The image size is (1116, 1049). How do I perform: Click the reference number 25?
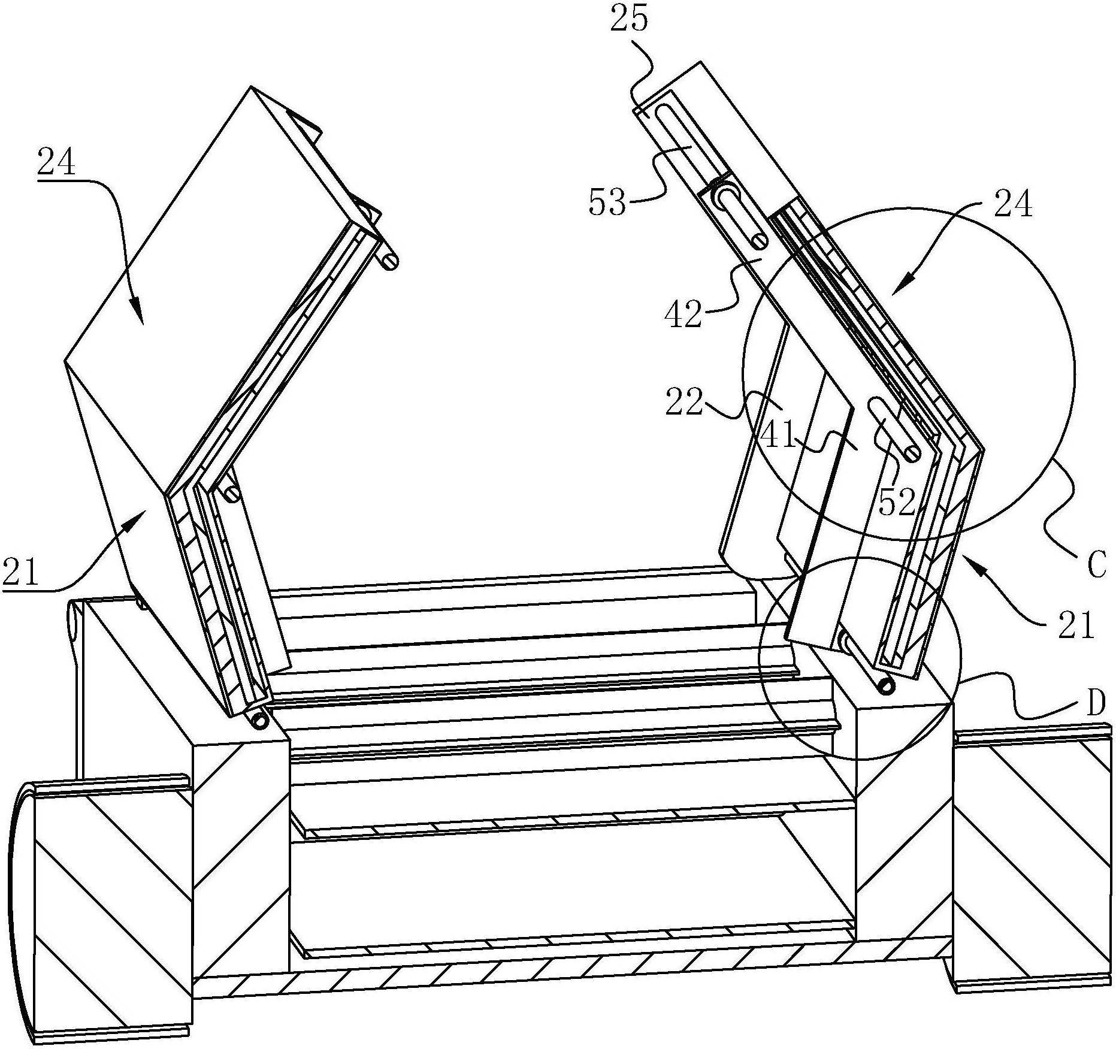coord(628,20)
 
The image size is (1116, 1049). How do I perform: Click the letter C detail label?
coord(1096,566)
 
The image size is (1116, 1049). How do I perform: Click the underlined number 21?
coord(21,573)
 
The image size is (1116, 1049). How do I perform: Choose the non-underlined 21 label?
coord(1075,627)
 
